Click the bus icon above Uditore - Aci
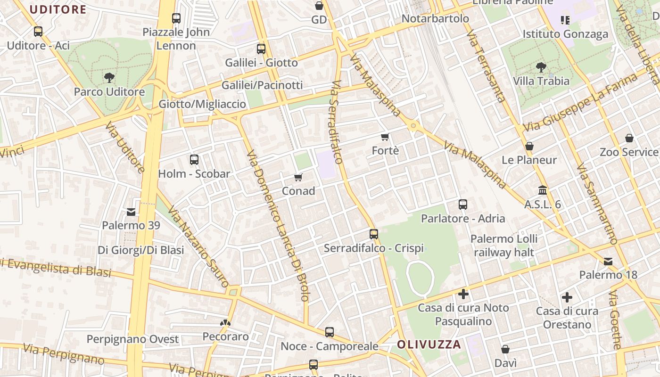(x=38, y=32)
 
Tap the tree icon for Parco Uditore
(x=109, y=77)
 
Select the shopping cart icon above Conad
(x=298, y=177)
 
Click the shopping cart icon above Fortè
(x=385, y=137)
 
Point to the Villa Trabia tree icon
(x=541, y=67)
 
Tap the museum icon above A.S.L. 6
(x=543, y=190)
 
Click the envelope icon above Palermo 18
(x=608, y=261)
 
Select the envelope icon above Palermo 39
(x=131, y=212)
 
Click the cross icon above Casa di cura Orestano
(x=567, y=297)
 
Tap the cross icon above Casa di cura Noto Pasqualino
(x=463, y=294)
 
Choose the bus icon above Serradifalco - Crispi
(x=374, y=234)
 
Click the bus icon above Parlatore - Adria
(x=463, y=205)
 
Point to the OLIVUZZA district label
(x=429, y=344)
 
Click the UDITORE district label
(x=58, y=9)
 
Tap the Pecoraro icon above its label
(x=225, y=323)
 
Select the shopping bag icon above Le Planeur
(x=529, y=146)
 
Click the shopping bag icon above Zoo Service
(x=629, y=138)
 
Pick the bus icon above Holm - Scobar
(x=194, y=160)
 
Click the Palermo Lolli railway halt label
(x=503, y=246)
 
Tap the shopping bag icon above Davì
(x=505, y=349)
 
